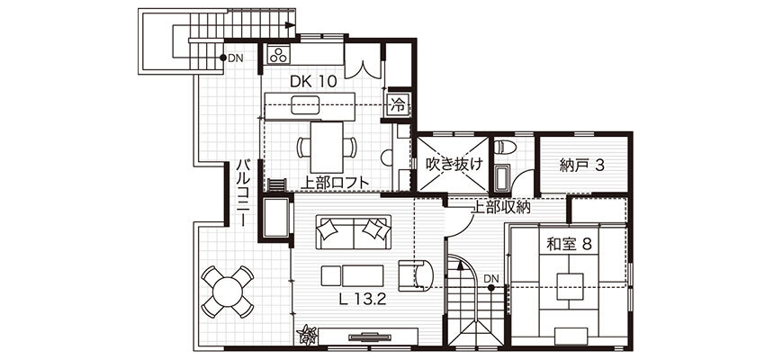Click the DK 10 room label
click(313, 82)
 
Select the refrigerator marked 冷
click(399, 104)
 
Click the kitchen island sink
click(305, 105)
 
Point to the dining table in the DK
click(327, 147)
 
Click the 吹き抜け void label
click(454, 165)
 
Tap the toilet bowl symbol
click(502, 147)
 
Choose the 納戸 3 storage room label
click(582, 166)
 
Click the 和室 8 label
click(569, 244)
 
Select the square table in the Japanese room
click(571, 286)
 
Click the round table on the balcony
click(228, 292)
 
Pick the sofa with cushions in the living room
click(354, 232)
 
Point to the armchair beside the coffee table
click(415, 274)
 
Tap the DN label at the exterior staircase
click(236, 58)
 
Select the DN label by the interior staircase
click(491, 278)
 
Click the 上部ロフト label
click(334, 183)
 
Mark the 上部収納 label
click(500, 207)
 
